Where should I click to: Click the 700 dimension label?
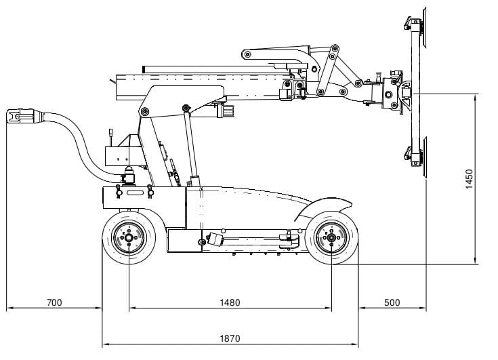point(54,302)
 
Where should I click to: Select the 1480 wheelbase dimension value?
point(230,302)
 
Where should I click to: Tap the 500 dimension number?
point(392,302)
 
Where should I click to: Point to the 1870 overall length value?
point(230,338)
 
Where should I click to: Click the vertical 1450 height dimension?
point(469,179)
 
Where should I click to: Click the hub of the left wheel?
point(129,238)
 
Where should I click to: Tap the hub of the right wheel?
point(331,238)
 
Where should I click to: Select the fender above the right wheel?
point(324,206)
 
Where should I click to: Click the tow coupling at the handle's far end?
point(20,116)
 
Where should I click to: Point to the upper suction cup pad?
point(424,28)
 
